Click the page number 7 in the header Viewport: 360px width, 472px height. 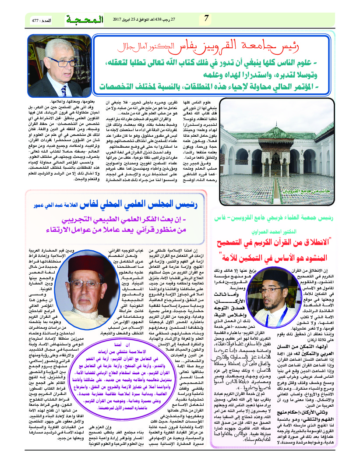(x=207, y=19)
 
